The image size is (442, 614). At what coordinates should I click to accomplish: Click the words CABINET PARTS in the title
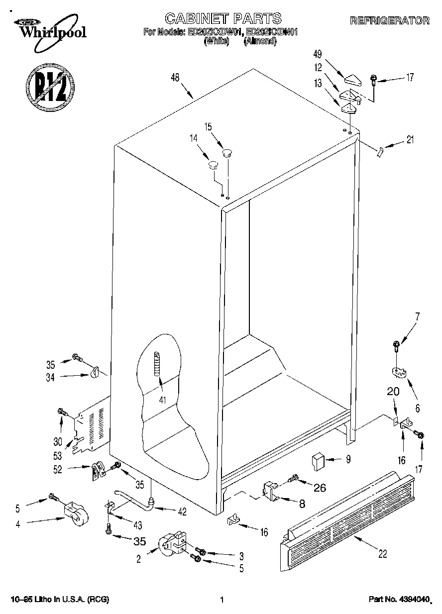(x=223, y=19)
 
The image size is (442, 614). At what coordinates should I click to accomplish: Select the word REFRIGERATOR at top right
(x=390, y=21)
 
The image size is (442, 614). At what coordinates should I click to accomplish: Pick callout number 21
(x=410, y=140)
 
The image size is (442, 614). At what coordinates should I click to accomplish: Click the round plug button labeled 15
(x=227, y=152)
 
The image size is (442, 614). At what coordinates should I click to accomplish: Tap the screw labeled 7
(x=397, y=344)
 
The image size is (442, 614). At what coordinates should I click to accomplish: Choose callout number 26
(x=319, y=488)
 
